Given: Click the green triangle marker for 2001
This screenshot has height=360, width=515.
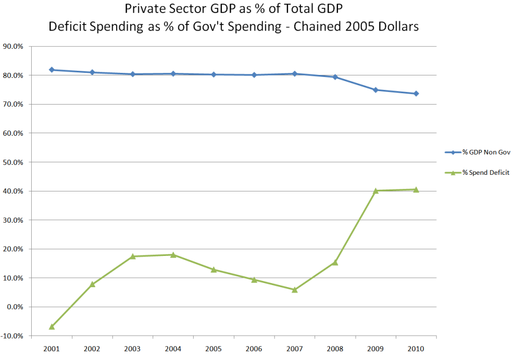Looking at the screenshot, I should pos(52,327).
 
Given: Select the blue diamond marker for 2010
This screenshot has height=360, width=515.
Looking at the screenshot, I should pos(416,94).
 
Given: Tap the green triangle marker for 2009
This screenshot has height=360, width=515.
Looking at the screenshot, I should pos(375,190).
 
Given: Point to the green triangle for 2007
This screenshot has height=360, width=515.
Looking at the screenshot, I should pos(295,290).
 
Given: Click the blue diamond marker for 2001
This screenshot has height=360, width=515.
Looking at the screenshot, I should pos(52,70).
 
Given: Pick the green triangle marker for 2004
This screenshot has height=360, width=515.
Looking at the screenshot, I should pos(173,255).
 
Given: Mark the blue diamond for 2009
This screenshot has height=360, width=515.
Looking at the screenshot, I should pos(375,90).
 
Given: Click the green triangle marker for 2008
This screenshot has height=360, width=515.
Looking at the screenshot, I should pos(335,263).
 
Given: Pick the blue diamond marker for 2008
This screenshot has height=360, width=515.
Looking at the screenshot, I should pos(335,77).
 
